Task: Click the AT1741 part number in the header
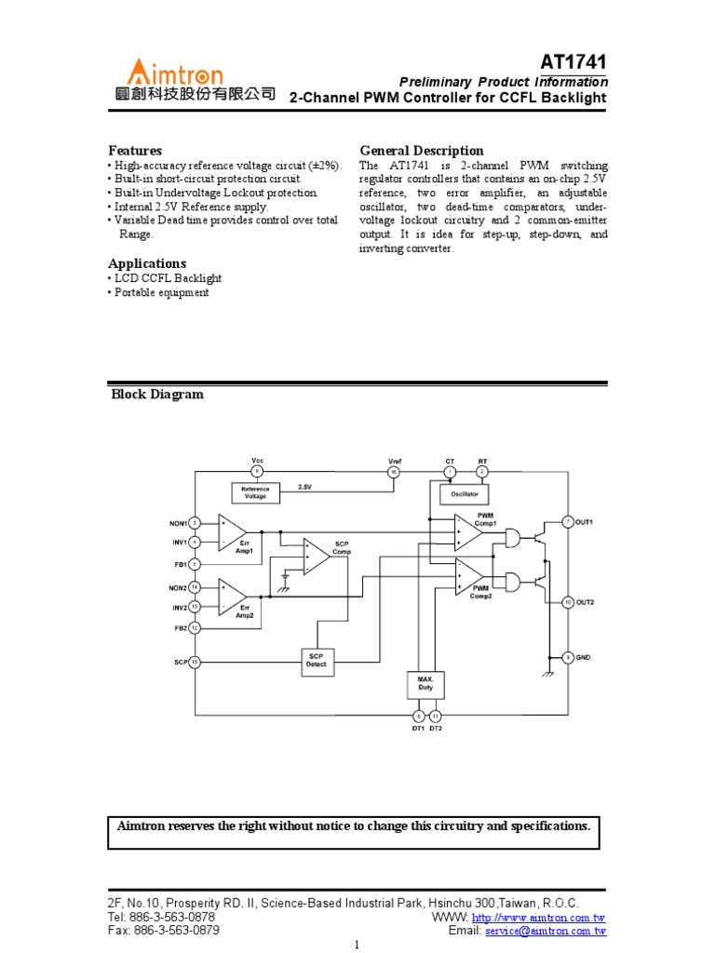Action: click(x=573, y=61)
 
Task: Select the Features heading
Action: click(x=135, y=150)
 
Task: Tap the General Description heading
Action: click(x=422, y=150)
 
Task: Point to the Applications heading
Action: click(x=147, y=263)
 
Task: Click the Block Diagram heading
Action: click(x=157, y=395)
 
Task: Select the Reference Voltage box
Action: click(x=255, y=492)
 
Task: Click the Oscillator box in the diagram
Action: click(x=465, y=494)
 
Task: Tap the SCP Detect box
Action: click(x=317, y=661)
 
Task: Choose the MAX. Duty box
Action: click(x=425, y=685)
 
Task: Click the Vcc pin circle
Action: click(x=258, y=472)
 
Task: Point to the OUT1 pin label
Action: click(x=585, y=522)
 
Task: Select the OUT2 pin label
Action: click(x=585, y=602)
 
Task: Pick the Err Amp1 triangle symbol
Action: click(x=231, y=532)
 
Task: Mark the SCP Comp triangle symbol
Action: click(x=316, y=557)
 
